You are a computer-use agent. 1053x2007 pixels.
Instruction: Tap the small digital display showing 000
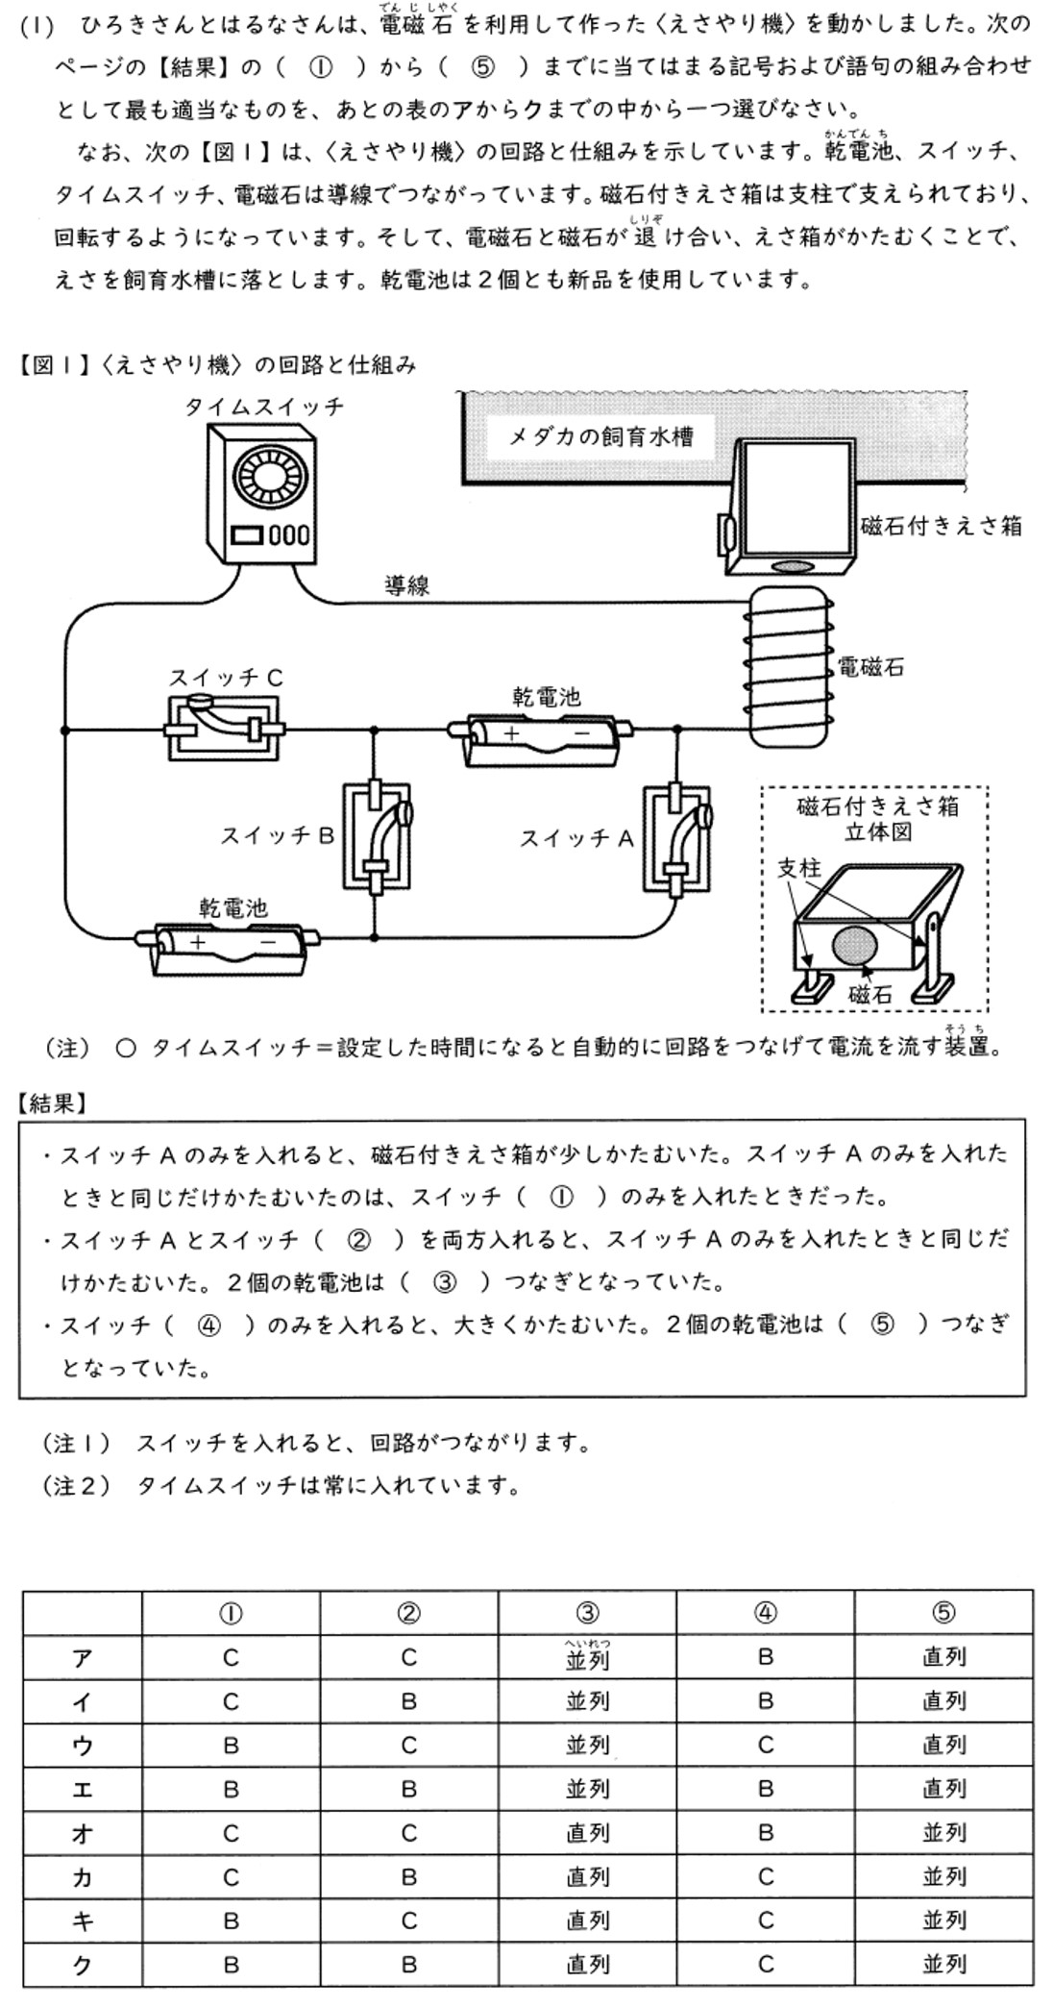coord(288,534)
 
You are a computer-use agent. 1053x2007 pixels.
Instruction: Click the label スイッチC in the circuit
coord(226,678)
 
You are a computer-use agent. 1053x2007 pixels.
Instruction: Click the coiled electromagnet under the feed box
coord(788,666)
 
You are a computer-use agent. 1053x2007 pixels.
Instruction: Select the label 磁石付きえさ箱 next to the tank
coord(941,526)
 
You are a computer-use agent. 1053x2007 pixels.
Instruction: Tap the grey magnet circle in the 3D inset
coord(854,946)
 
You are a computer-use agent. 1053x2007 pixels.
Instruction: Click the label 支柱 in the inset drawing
coord(798,867)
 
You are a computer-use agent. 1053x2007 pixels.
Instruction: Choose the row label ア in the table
coord(83,1657)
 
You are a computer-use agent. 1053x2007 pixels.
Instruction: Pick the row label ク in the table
coord(83,1964)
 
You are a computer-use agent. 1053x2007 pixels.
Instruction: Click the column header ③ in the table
coord(587,1614)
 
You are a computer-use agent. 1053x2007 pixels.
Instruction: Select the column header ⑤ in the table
coord(943,1614)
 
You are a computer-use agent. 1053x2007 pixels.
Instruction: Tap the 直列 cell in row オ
coord(587,1832)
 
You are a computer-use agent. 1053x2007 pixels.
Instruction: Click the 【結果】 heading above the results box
coord(53,1103)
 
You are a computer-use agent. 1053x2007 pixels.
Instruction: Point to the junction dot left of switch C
coord(65,731)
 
